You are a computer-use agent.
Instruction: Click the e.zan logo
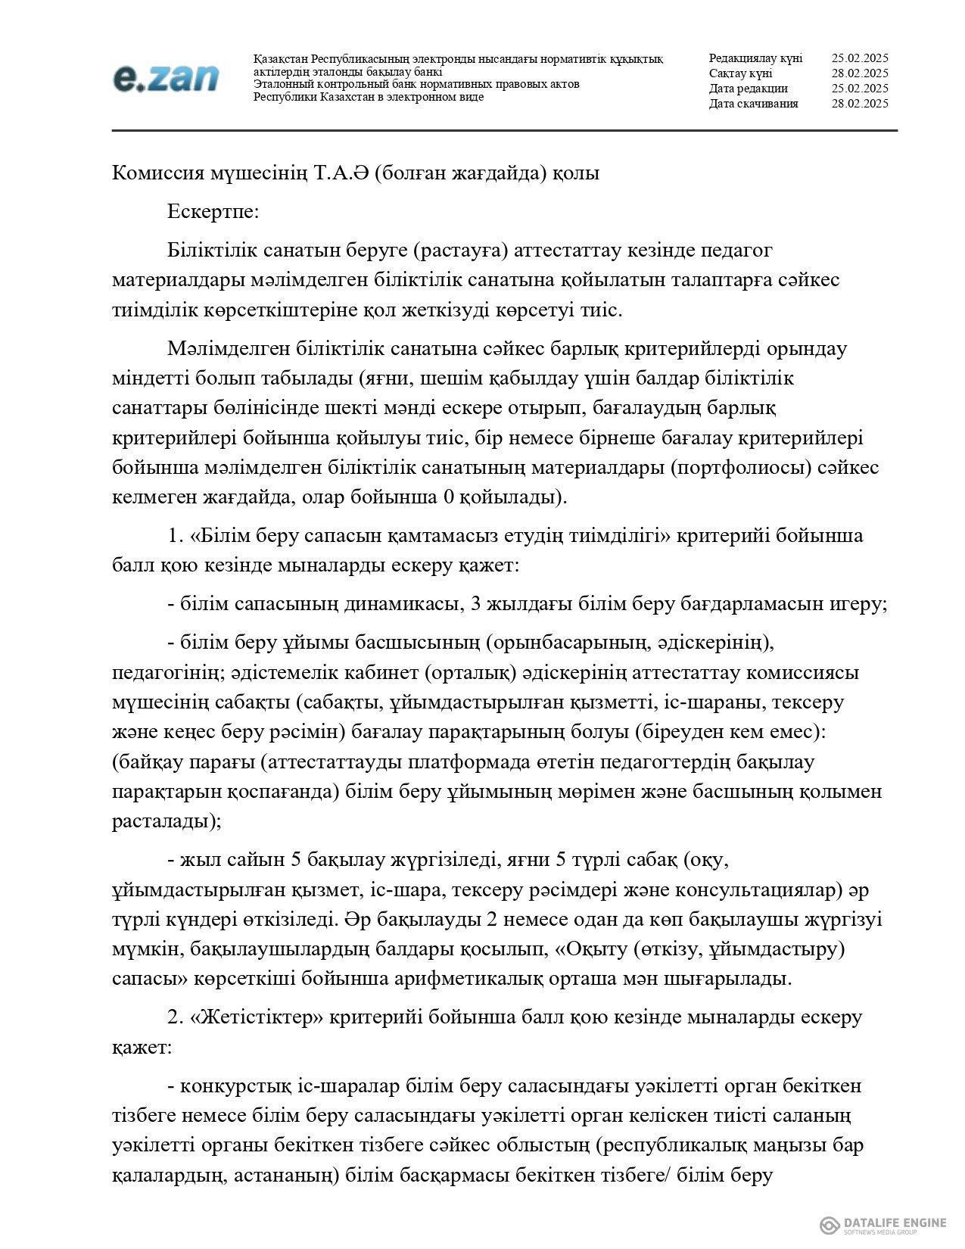pos(166,78)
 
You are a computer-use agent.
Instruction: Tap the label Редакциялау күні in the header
pos(755,58)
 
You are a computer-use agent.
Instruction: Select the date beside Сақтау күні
pos(859,73)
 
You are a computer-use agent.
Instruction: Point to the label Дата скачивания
pos(753,104)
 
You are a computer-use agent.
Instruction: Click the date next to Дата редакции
pos(859,89)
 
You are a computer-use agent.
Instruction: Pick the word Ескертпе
pos(213,211)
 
